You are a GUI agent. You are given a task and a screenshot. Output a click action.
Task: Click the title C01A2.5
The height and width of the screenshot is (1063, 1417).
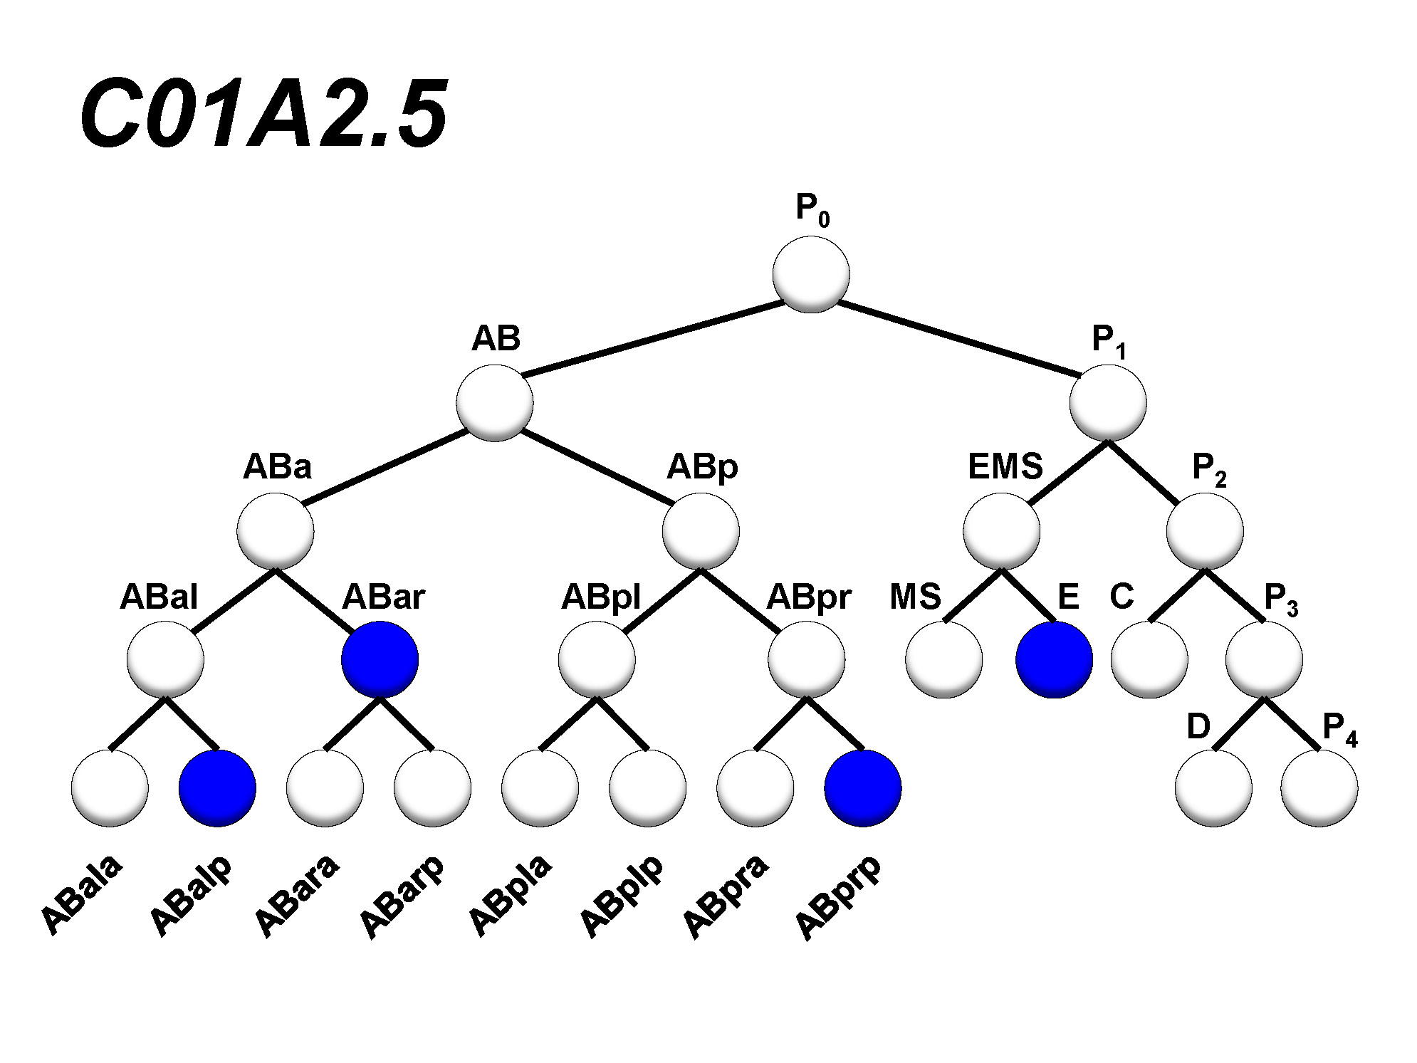[263, 114]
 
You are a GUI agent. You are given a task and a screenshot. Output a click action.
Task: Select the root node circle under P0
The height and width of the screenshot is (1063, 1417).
[811, 275]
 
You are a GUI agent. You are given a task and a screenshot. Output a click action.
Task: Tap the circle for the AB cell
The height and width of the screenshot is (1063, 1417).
[495, 403]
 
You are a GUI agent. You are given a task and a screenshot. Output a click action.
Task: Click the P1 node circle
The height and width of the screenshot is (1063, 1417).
[1108, 403]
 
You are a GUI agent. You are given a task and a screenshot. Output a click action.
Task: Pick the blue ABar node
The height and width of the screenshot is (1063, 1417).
[380, 659]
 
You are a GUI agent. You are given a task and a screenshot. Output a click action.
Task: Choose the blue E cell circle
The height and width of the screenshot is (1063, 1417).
[1054, 659]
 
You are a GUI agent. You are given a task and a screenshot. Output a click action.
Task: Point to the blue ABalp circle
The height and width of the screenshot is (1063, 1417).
[217, 788]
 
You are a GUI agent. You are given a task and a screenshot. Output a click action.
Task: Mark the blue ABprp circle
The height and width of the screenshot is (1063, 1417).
[863, 788]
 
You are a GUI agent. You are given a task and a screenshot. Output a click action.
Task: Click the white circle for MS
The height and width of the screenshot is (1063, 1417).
[944, 659]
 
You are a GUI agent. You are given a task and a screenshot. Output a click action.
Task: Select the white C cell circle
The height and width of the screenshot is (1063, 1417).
[1149, 659]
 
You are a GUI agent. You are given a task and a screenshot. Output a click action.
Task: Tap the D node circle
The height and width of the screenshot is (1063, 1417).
[1213, 788]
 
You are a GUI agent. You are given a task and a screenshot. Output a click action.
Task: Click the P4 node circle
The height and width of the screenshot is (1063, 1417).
[1319, 788]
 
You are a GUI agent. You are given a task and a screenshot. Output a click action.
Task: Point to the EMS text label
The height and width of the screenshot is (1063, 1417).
[1005, 467]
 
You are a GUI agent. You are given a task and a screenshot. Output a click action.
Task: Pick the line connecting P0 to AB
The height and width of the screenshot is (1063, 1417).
[652, 339]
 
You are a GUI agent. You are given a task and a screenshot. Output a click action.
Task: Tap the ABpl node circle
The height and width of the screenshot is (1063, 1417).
[597, 659]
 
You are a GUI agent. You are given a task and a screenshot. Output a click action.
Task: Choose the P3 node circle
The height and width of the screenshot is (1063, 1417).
[1264, 659]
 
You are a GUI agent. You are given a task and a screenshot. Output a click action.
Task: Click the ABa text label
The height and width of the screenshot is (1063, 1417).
[277, 467]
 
